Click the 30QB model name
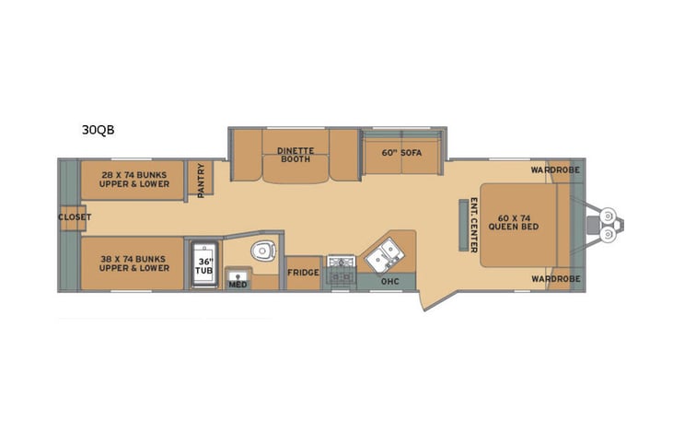click(x=98, y=131)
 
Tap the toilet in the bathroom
click(x=264, y=250)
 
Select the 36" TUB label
click(x=203, y=265)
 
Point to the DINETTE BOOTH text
click(x=296, y=156)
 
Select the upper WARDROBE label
click(x=555, y=169)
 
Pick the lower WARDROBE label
click(x=555, y=278)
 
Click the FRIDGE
click(x=302, y=273)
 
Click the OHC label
click(x=389, y=281)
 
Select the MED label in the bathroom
click(x=237, y=285)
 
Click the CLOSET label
click(x=74, y=217)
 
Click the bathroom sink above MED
click(x=238, y=274)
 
